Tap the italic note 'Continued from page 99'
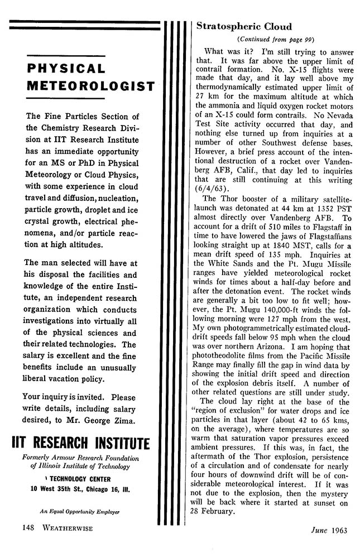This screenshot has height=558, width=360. click(x=276, y=39)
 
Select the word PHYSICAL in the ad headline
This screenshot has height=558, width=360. click(x=66, y=69)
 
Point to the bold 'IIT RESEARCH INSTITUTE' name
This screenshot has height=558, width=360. click(x=80, y=444)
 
